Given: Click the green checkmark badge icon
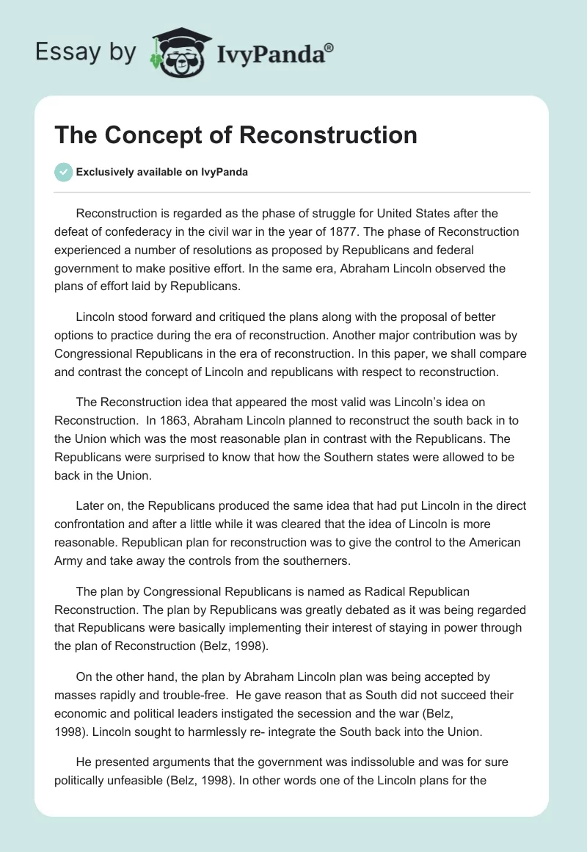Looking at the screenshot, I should click(63, 173).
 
